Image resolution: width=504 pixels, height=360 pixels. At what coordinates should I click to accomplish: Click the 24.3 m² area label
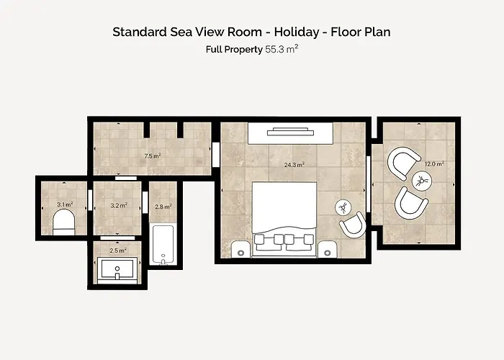click(294, 165)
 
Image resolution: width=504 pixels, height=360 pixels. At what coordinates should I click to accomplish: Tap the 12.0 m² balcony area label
click(434, 164)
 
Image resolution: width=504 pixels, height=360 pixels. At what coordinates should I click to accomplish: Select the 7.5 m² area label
click(153, 156)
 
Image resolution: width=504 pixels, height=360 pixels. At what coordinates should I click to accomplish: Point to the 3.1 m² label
click(65, 204)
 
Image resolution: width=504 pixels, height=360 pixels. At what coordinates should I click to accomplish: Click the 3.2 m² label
click(119, 205)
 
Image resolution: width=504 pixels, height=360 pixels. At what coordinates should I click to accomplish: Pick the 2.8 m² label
click(163, 207)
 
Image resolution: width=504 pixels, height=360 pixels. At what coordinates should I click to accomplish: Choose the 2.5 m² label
click(118, 250)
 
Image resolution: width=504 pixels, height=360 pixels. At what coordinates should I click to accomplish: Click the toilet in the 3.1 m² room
click(63, 222)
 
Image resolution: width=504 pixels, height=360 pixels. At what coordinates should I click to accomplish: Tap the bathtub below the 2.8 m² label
click(163, 244)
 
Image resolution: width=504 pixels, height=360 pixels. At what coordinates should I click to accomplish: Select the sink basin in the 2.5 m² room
click(117, 269)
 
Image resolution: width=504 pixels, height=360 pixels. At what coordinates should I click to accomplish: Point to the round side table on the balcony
click(422, 181)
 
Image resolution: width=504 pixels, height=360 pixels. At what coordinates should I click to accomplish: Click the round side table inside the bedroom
click(344, 207)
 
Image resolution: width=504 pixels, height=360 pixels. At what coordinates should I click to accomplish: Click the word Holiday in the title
click(297, 32)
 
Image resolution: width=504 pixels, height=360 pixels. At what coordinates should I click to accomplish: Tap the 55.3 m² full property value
click(282, 49)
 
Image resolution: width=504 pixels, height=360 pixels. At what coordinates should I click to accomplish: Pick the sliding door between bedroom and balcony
click(369, 184)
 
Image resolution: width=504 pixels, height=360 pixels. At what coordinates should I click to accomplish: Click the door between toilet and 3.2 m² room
click(90, 200)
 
